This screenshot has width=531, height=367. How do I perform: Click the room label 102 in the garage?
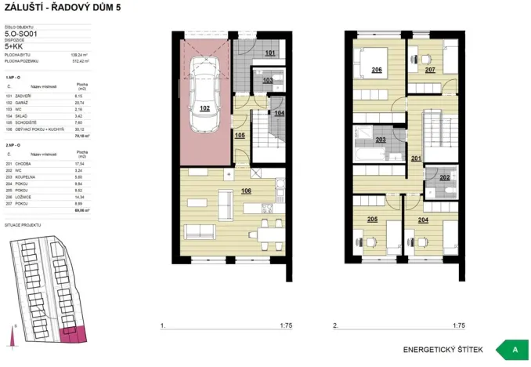[x=205, y=109]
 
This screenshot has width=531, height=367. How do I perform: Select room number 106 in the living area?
[x=246, y=191]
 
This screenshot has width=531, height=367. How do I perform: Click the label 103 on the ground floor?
[x=267, y=81]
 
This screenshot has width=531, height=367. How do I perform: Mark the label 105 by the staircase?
[x=240, y=135]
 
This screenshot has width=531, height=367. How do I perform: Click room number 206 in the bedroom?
[x=377, y=71]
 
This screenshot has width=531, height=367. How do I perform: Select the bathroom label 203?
[x=381, y=140]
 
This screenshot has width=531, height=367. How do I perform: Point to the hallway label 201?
[x=415, y=158]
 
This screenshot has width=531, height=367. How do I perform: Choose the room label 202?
[x=444, y=178]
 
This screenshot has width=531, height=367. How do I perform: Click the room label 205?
[x=373, y=220]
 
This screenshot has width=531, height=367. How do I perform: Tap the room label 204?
[x=423, y=220]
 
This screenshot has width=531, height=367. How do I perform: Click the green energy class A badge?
[x=515, y=349]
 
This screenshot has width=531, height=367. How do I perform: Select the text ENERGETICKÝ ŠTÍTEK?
[x=442, y=349]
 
